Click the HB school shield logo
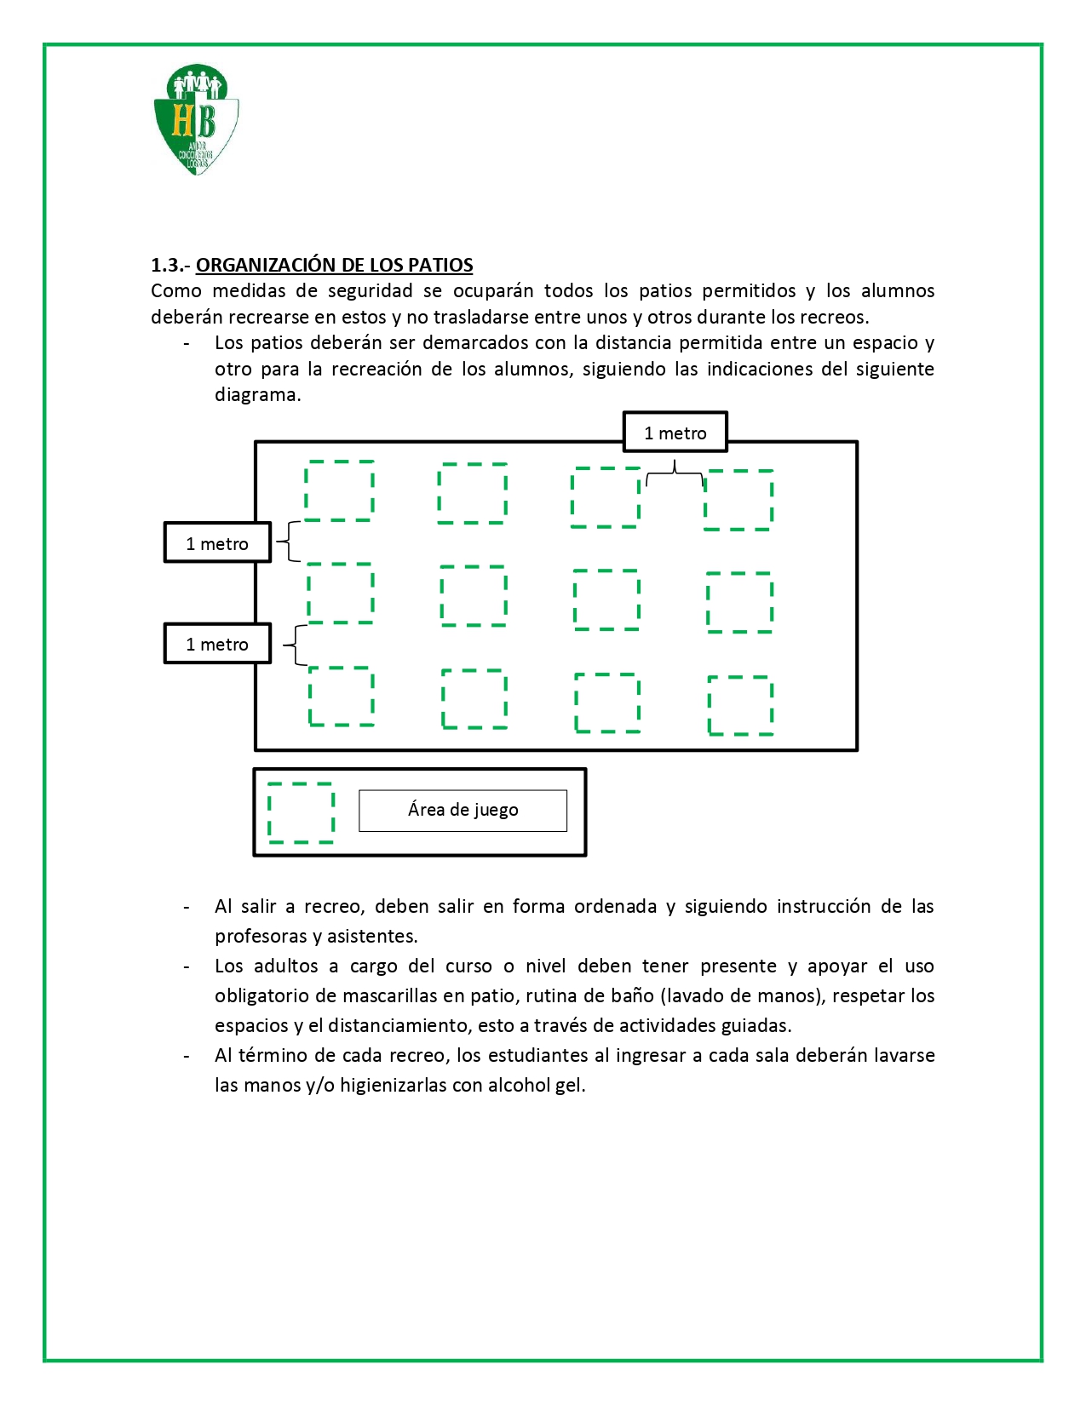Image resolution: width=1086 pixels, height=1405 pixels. point(196,119)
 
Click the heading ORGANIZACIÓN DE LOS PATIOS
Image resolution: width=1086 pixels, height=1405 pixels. point(334,265)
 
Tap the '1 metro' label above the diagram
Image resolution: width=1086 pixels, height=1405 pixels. point(675,433)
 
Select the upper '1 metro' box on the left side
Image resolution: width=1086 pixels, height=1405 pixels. point(217,543)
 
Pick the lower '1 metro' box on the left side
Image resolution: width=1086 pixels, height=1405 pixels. point(217,644)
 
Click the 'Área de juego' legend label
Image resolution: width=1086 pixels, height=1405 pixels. point(463,810)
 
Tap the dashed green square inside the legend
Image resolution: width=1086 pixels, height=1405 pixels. point(301,812)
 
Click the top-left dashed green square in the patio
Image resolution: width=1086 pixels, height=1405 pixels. point(340,490)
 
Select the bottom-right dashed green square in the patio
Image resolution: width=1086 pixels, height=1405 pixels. point(740,705)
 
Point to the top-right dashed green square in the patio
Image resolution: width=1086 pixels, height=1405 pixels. point(738,500)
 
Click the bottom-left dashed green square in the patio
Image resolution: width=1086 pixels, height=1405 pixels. point(342,697)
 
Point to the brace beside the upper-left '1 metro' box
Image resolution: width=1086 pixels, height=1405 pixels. point(290,542)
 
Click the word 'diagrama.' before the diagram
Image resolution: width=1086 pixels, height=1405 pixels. point(257,395)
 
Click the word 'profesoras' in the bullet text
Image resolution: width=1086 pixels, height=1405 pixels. point(260,936)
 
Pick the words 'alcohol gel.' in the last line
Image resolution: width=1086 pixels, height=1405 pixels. point(537,1085)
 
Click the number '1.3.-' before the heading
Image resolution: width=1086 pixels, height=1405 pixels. point(170,265)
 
